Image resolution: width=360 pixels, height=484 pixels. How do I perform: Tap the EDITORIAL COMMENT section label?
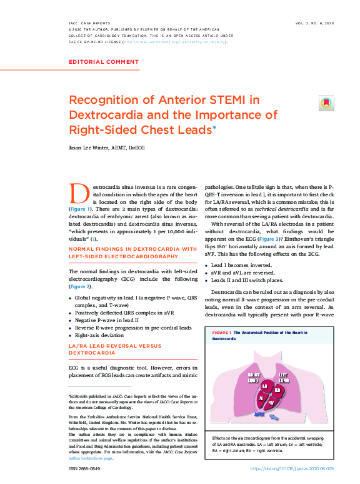(104, 62)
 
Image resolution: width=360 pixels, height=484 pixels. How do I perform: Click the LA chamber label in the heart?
(265, 386)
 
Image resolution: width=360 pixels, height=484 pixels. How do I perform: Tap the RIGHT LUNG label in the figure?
(254, 377)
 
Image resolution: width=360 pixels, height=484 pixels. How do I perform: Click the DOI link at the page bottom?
(292, 468)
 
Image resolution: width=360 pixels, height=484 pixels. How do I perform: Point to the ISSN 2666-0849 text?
(86, 468)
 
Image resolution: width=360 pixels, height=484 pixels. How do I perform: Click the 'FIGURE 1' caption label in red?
(222, 333)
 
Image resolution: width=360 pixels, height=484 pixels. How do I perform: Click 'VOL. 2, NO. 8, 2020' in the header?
(314, 23)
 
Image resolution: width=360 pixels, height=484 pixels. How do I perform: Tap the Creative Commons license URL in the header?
(175, 43)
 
